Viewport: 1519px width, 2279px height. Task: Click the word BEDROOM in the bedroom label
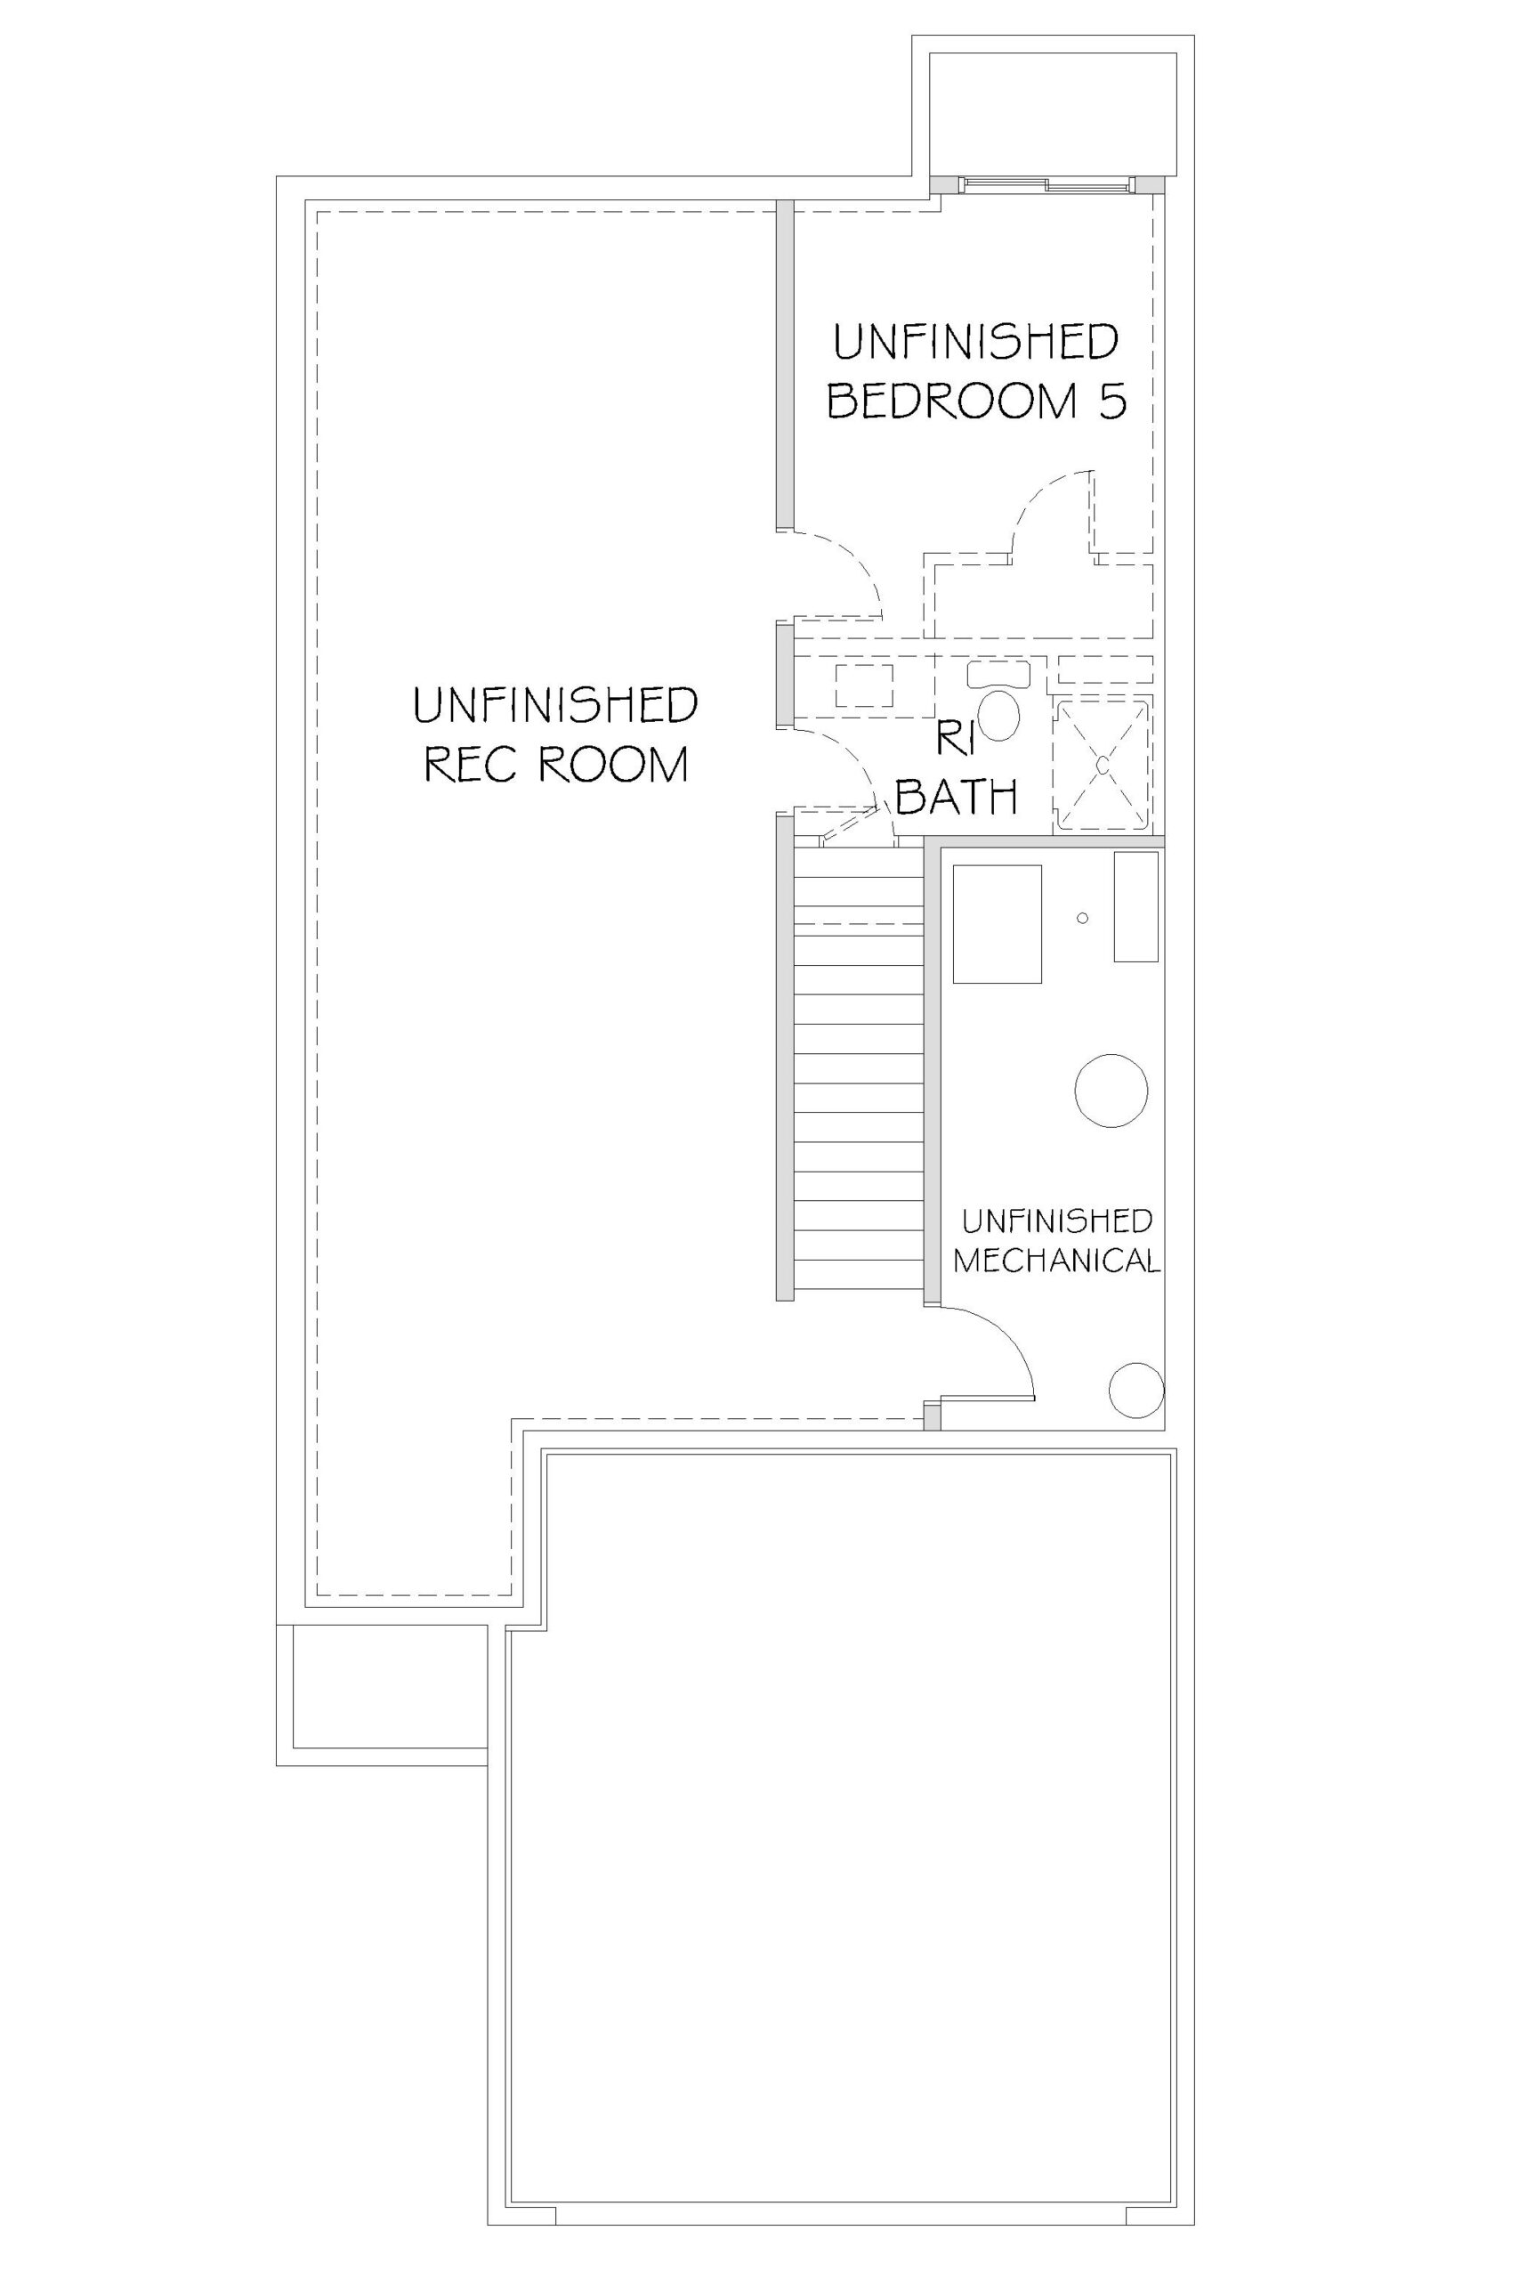(x=952, y=401)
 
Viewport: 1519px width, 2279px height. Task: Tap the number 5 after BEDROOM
(x=1113, y=401)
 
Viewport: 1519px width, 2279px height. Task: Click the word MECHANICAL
(x=1057, y=1261)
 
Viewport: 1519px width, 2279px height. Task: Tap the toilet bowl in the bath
(x=999, y=714)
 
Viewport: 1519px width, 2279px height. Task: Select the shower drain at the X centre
(x=1103, y=765)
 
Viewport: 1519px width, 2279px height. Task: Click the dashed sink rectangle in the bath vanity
(x=864, y=686)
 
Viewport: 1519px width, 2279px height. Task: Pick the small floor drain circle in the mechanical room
(x=1083, y=917)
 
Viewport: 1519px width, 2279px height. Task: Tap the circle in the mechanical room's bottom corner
(x=1136, y=1391)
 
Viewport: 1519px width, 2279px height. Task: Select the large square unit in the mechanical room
(x=998, y=924)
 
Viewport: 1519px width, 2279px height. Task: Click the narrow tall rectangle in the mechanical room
(x=1136, y=907)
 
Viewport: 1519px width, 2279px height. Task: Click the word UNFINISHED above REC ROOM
(x=555, y=704)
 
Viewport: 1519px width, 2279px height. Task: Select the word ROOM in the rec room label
(x=612, y=764)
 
